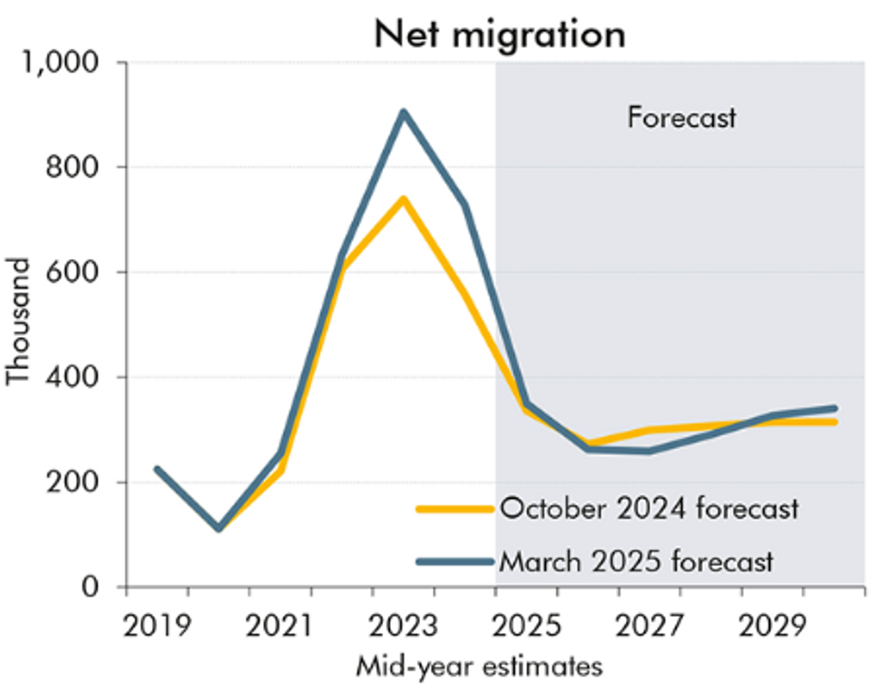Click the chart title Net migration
[500, 34]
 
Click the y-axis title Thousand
[19, 321]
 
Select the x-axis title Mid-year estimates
[478, 667]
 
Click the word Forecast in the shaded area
[681, 119]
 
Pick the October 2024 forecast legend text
[649, 509]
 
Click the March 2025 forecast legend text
[636, 561]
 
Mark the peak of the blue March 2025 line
[403, 112]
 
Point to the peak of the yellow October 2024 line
[403, 199]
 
